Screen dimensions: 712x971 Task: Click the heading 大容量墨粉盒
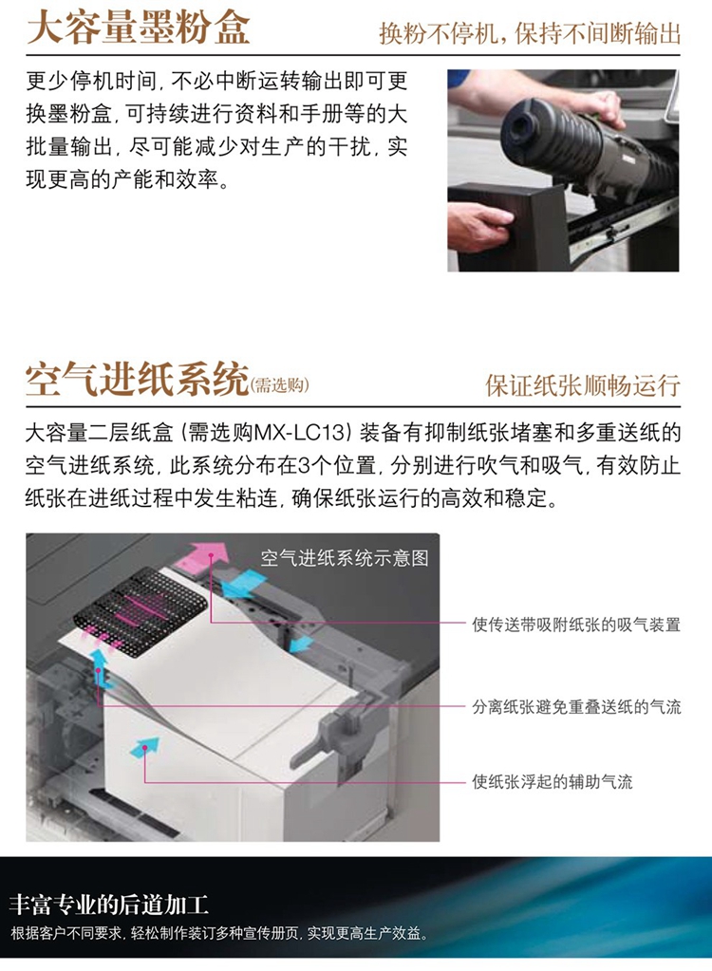[x=138, y=28]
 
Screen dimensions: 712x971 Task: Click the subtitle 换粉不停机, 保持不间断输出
[x=530, y=33]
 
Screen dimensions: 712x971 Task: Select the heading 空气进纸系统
[x=137, y=379]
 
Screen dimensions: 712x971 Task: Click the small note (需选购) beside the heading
[x=280, y=385]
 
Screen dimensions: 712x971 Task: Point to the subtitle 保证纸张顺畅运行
[x=583, y=385]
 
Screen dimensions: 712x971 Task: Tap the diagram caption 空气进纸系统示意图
[x=345, y=558]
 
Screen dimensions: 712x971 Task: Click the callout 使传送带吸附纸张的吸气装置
[x=576, y=625]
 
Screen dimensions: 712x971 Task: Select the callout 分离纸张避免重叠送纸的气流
[x=576, y=706]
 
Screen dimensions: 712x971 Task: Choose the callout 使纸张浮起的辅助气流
[x=552, y=781]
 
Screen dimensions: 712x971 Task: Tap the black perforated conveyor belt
[x=140, y=604]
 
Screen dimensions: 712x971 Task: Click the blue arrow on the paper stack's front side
[x=144, y=747]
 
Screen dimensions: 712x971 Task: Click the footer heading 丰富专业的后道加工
[x=109, y=906]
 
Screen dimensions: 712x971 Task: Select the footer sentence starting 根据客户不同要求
[x=219, y=933]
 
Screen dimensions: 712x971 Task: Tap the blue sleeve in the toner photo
[x=459, y=78]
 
